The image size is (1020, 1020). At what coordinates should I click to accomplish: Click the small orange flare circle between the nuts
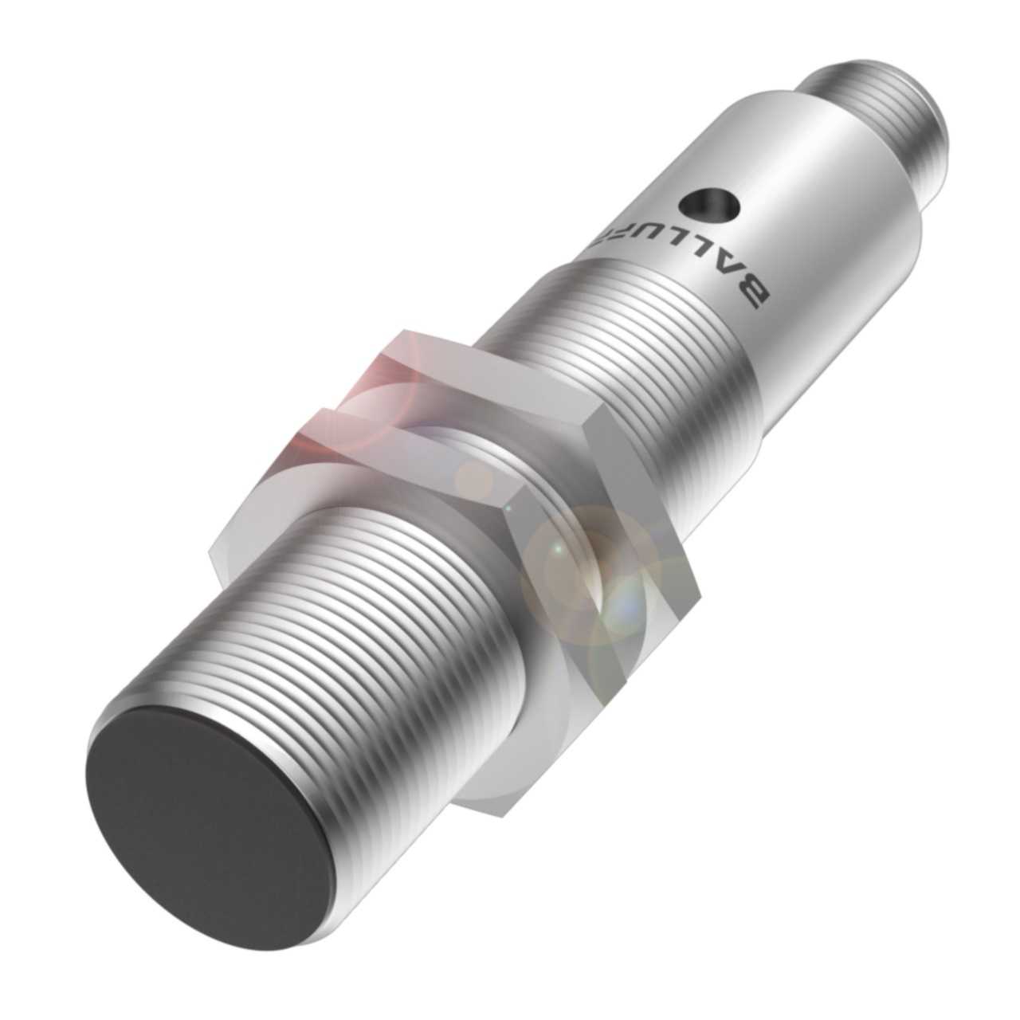478,478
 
